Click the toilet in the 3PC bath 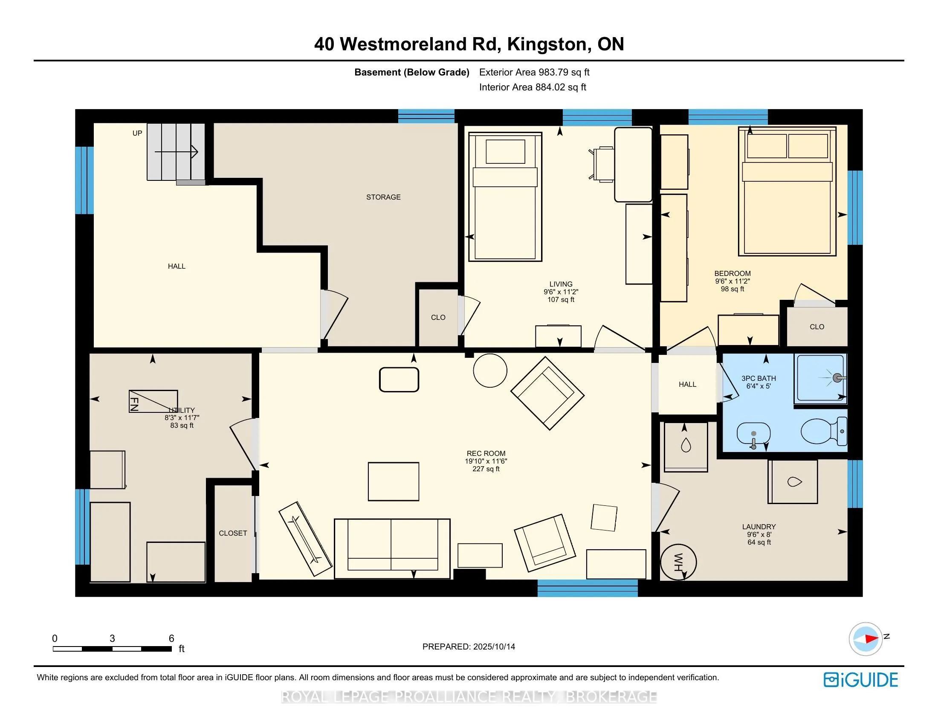point(824,431)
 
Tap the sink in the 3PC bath point(753,434)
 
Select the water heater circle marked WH point(678,562)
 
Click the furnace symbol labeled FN point(153,401)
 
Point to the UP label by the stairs point(137,133)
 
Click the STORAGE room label point(383,197)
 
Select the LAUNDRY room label point(759,527)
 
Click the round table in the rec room point(490,371)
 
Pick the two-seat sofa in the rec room point(392,548)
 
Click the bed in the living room point(505,197)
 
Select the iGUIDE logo point(861,680)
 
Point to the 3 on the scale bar point(112,638)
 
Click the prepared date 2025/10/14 point(494,647)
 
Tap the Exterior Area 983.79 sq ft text point(534,72)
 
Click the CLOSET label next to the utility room point(233,533)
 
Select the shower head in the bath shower point(837,378)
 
